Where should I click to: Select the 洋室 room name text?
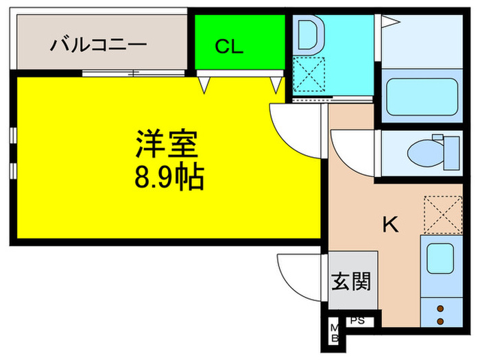coord(167,144)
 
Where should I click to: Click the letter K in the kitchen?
coord(390,224)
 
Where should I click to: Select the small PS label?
coord(358,320)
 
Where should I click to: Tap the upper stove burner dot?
coord(440,309)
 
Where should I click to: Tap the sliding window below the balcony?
coord(134,73)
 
